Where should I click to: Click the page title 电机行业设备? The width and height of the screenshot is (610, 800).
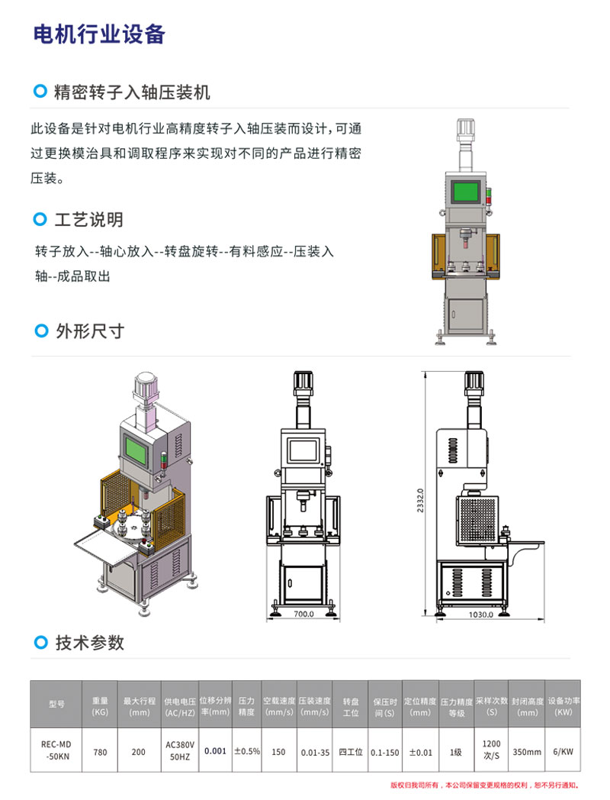tap(99, 34)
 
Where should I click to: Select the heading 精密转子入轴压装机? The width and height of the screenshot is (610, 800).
tap(132, 92)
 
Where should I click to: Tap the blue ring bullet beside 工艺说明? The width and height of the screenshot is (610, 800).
tap(40, 219)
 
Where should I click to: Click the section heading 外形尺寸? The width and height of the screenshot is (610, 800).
tap(90, 331)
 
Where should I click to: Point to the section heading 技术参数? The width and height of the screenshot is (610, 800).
tap(90, 643)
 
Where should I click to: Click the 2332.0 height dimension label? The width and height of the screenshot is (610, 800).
tap(420, 501)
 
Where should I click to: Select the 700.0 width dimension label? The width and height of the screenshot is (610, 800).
tap(303, 614)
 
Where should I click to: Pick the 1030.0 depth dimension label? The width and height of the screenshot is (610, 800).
tap(480, 615)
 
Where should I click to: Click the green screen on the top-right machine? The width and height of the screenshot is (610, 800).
tap(465, 192)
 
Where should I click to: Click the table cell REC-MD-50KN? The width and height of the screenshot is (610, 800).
tap(56, 750)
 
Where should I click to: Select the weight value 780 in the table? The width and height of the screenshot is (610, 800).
tap(101, 752)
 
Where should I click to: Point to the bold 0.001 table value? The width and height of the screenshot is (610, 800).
tap(215, 751)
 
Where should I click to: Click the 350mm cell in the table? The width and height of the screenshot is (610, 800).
tap(527, 752)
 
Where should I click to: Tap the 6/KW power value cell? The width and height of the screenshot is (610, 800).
tap(563, 752)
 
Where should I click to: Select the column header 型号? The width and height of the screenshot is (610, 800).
tap(56, 704)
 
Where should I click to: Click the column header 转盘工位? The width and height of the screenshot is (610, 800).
tap(351, 707)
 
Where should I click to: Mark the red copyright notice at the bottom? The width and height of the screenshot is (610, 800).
tap(485, 785)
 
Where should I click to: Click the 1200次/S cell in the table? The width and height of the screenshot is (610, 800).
tap(492, 750)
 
